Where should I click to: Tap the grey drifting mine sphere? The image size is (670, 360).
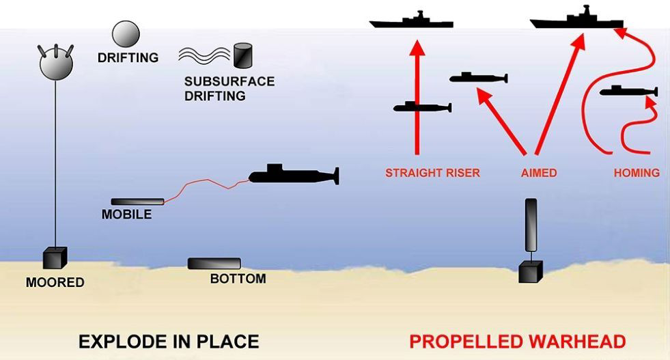pyautogui.click(x=126, y=34)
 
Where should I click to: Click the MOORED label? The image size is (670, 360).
pyautogui.click(x=55, y=282)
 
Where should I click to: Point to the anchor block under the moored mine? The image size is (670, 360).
pyautogui.click(x=54, y=258)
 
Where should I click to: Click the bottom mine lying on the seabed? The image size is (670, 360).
pyautogui.click(x=214, y=264)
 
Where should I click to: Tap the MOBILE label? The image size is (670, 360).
pyautogui.click(x=127, y=214)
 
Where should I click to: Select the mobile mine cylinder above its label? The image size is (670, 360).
pyautogui.click(x=137, y=202)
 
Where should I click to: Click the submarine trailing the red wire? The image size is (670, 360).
pyautogui.click(x=294, y=175)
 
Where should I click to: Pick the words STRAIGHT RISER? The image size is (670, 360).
pyautogui.click(x=432, y=173)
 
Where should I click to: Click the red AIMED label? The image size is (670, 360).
pyautogui.click(x=539, y=173)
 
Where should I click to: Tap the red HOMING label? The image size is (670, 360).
pyautogui.click(x=637, y=173)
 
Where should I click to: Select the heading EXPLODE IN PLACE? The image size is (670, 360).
pyautogui.click(x=169, y=341)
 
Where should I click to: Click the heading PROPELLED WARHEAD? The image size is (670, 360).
pyautogui.click(x=517, y=341)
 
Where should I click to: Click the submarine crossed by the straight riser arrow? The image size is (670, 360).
pyautogui.click(x=422, y=107)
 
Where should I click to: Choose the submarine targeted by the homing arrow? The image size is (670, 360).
pyautogui.click(x=628, y=91)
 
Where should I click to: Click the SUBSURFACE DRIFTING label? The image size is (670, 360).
pyautogui.click(x=229, y=89)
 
